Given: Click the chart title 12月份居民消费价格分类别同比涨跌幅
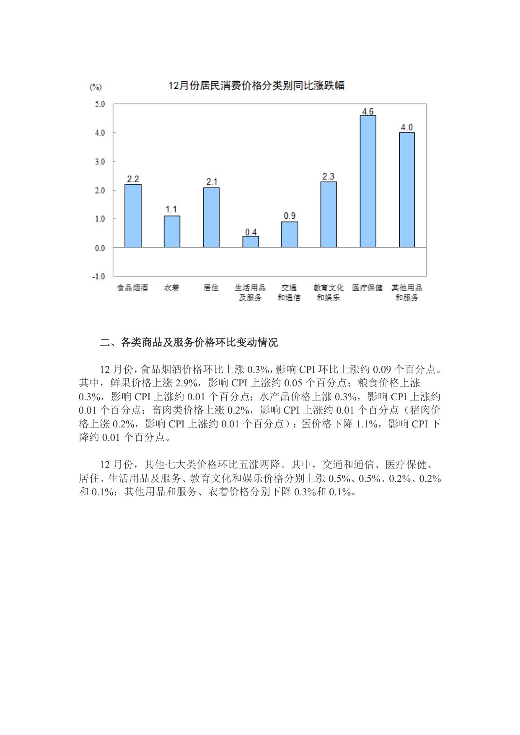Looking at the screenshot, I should [x=256, y=86].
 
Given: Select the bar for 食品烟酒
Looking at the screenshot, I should [x=133, y=216].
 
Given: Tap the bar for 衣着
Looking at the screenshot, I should [x=172, y=232].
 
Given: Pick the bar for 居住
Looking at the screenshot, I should [x=211, y=217].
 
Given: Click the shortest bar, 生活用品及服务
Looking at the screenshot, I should [x=251, y=242].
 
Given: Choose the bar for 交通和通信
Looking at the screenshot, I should [x=290, y=235].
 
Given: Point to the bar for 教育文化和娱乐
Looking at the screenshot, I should [x=329, y=215].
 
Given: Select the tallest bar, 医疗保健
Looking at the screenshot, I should [x=368, y=181].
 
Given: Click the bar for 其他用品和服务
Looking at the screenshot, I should [x=407, y=190].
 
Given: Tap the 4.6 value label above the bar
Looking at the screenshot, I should [x=368, y=111].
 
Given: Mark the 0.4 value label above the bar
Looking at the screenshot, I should [x=251, y=232].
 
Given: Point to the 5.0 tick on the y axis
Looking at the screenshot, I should [x=100, y=104].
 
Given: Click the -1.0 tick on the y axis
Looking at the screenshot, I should [x=99, y=277].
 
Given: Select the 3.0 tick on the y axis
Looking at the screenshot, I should [x=100, y=161].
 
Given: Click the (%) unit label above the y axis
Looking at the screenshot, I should [x=96, y=87].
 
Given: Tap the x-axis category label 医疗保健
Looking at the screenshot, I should [x=367, y=288].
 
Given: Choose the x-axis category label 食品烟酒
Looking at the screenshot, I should [x=132, y=288].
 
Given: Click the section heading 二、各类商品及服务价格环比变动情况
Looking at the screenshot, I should [x=189, y=343].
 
